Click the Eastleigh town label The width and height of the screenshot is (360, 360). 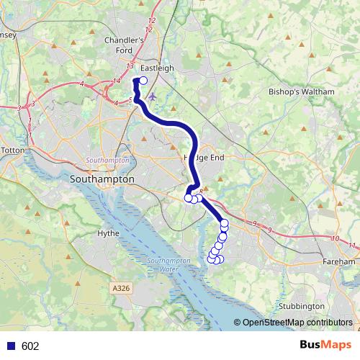157,68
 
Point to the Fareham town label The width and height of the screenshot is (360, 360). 339,262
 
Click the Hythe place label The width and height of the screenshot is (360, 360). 108,233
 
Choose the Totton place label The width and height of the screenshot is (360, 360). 13,150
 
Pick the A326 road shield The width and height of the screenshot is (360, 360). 122,288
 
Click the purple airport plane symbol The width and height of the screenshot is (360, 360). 151,96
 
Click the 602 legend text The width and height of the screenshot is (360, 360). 30,346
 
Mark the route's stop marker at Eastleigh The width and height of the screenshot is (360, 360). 143,81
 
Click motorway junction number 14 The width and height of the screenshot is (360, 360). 117,82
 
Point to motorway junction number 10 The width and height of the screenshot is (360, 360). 334,238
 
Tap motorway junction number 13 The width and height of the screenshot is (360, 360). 130,66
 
